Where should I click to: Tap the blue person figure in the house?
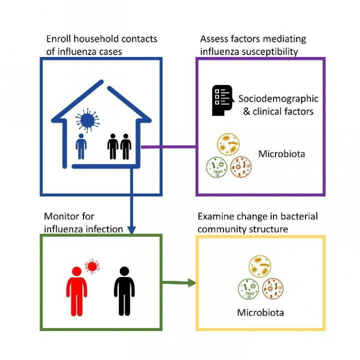coord(81,145)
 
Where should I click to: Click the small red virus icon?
coord(91,266)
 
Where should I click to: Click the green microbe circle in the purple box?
coord(217,167)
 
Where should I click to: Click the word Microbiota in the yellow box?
coord(260,313)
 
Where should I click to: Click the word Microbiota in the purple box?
coord(281,153)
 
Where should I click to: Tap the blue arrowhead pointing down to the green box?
coord(131,229)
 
